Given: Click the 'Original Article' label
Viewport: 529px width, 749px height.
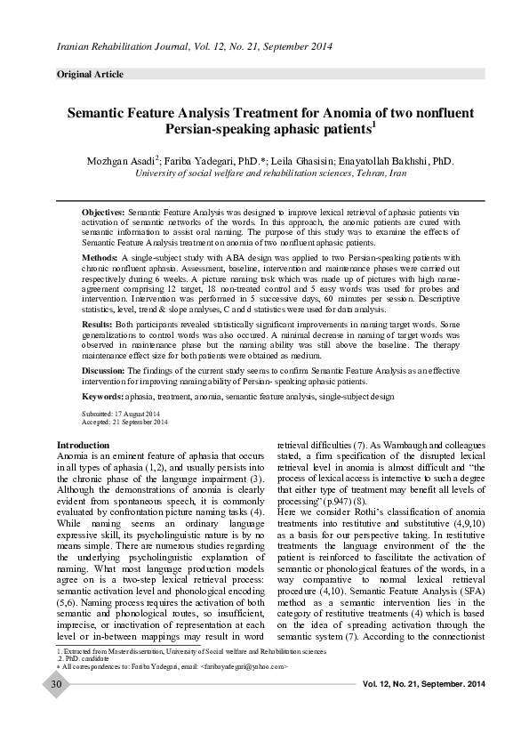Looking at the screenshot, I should (90, 74).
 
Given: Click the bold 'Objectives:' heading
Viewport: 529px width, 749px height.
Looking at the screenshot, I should (104, 215).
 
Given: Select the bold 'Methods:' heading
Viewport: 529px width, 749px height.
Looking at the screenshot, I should (100, 256).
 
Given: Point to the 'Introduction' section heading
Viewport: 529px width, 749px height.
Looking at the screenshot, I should (83, 445).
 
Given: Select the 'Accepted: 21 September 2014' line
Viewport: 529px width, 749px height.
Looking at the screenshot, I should (124, 422).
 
